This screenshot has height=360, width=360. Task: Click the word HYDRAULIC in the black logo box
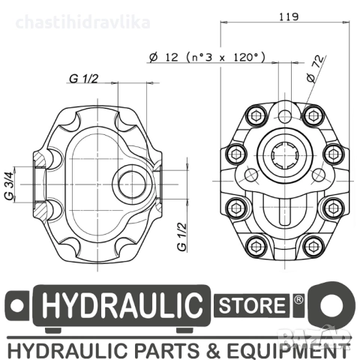[x=122, y=307]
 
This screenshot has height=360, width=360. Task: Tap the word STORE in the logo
[x=252, y=306]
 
